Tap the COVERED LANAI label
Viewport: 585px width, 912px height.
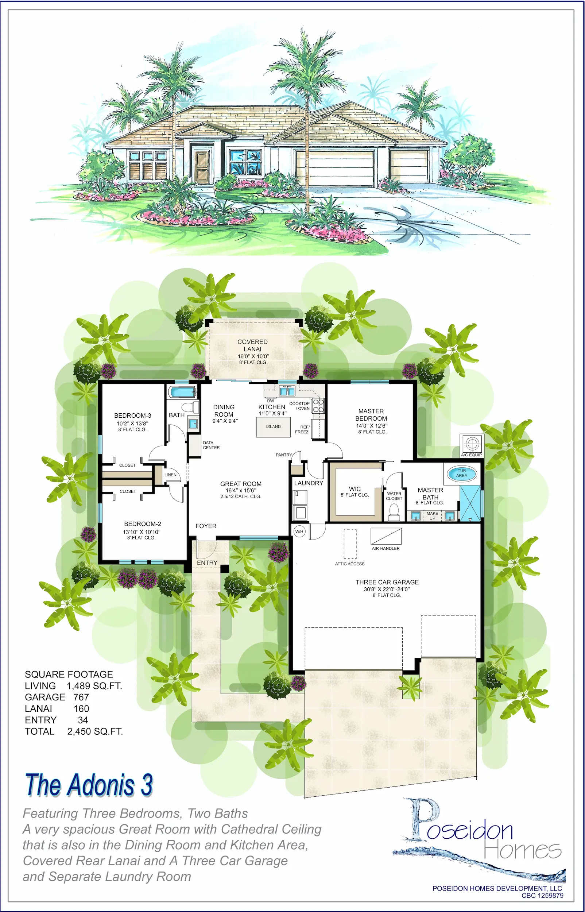pos(253,345)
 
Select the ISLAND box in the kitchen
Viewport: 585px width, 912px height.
pos(273,427)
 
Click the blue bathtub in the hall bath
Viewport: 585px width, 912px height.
pos(182,392)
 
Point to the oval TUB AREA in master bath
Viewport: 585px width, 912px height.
pos(461,473)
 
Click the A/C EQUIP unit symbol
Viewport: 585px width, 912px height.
pos(472,443)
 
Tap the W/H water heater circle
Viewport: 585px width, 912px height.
pos(299,532)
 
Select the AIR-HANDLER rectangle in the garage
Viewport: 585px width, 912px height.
pos(386,536)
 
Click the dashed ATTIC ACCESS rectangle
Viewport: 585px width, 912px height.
pos(350,544)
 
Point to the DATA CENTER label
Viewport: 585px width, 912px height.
pos(211,445)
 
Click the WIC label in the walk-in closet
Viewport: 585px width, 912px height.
pos(355,489)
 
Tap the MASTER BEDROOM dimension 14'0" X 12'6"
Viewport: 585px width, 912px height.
pos(372,426)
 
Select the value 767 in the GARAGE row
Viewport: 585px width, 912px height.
pos(81,697)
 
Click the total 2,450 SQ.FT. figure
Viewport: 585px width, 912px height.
pos(95,731)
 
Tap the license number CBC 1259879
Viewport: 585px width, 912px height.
pos(542,896)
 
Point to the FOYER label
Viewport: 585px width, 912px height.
pos(206,526)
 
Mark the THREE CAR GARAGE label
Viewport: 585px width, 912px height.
pos(387,582)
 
